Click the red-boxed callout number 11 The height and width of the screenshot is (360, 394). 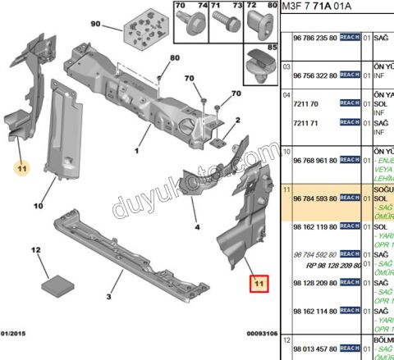(260, 285)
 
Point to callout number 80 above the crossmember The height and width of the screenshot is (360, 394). (174, 58)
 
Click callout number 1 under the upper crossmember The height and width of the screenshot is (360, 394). (136, 151)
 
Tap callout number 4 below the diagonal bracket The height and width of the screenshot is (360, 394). (197, 226)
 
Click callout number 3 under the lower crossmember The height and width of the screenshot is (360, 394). (108, 297)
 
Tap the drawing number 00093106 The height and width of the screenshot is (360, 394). (262, 334)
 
